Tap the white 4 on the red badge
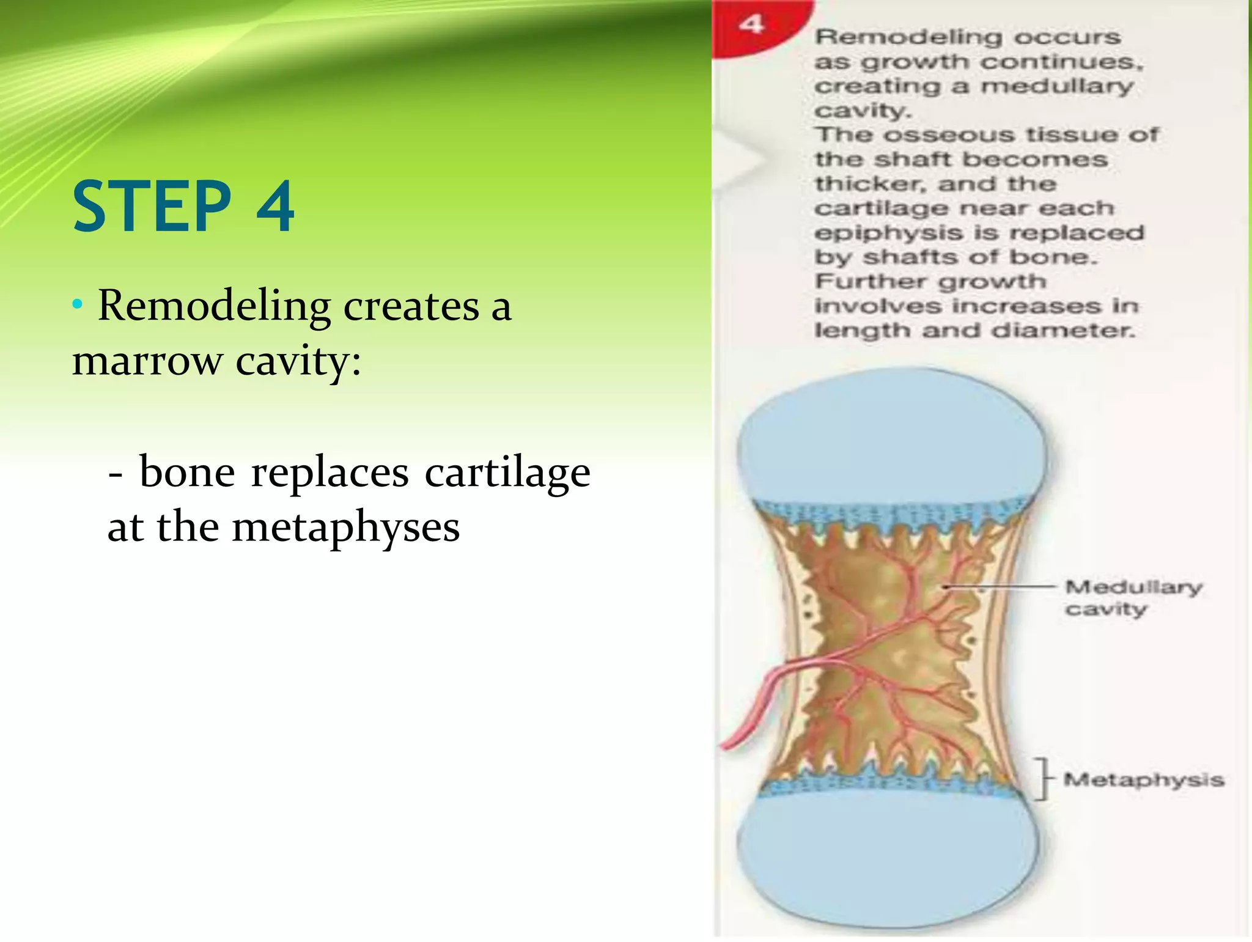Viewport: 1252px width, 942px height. coord(751,24)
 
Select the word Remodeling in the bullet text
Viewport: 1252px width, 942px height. coord(214,306)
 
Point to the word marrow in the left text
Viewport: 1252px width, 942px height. coord(147,361)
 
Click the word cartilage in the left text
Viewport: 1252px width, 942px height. coord(507,473)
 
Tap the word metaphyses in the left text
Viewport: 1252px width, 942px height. coord(345,528)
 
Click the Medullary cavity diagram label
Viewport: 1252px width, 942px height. coord(1133,598)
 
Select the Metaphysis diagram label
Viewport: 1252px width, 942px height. coord(1143,780)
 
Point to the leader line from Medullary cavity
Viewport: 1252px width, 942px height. coord(1003,587)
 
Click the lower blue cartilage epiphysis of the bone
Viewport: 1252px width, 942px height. coord(886,856)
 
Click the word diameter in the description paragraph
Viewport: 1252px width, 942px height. coord(1062,331)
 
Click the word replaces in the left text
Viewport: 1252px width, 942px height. coord(330,473)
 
